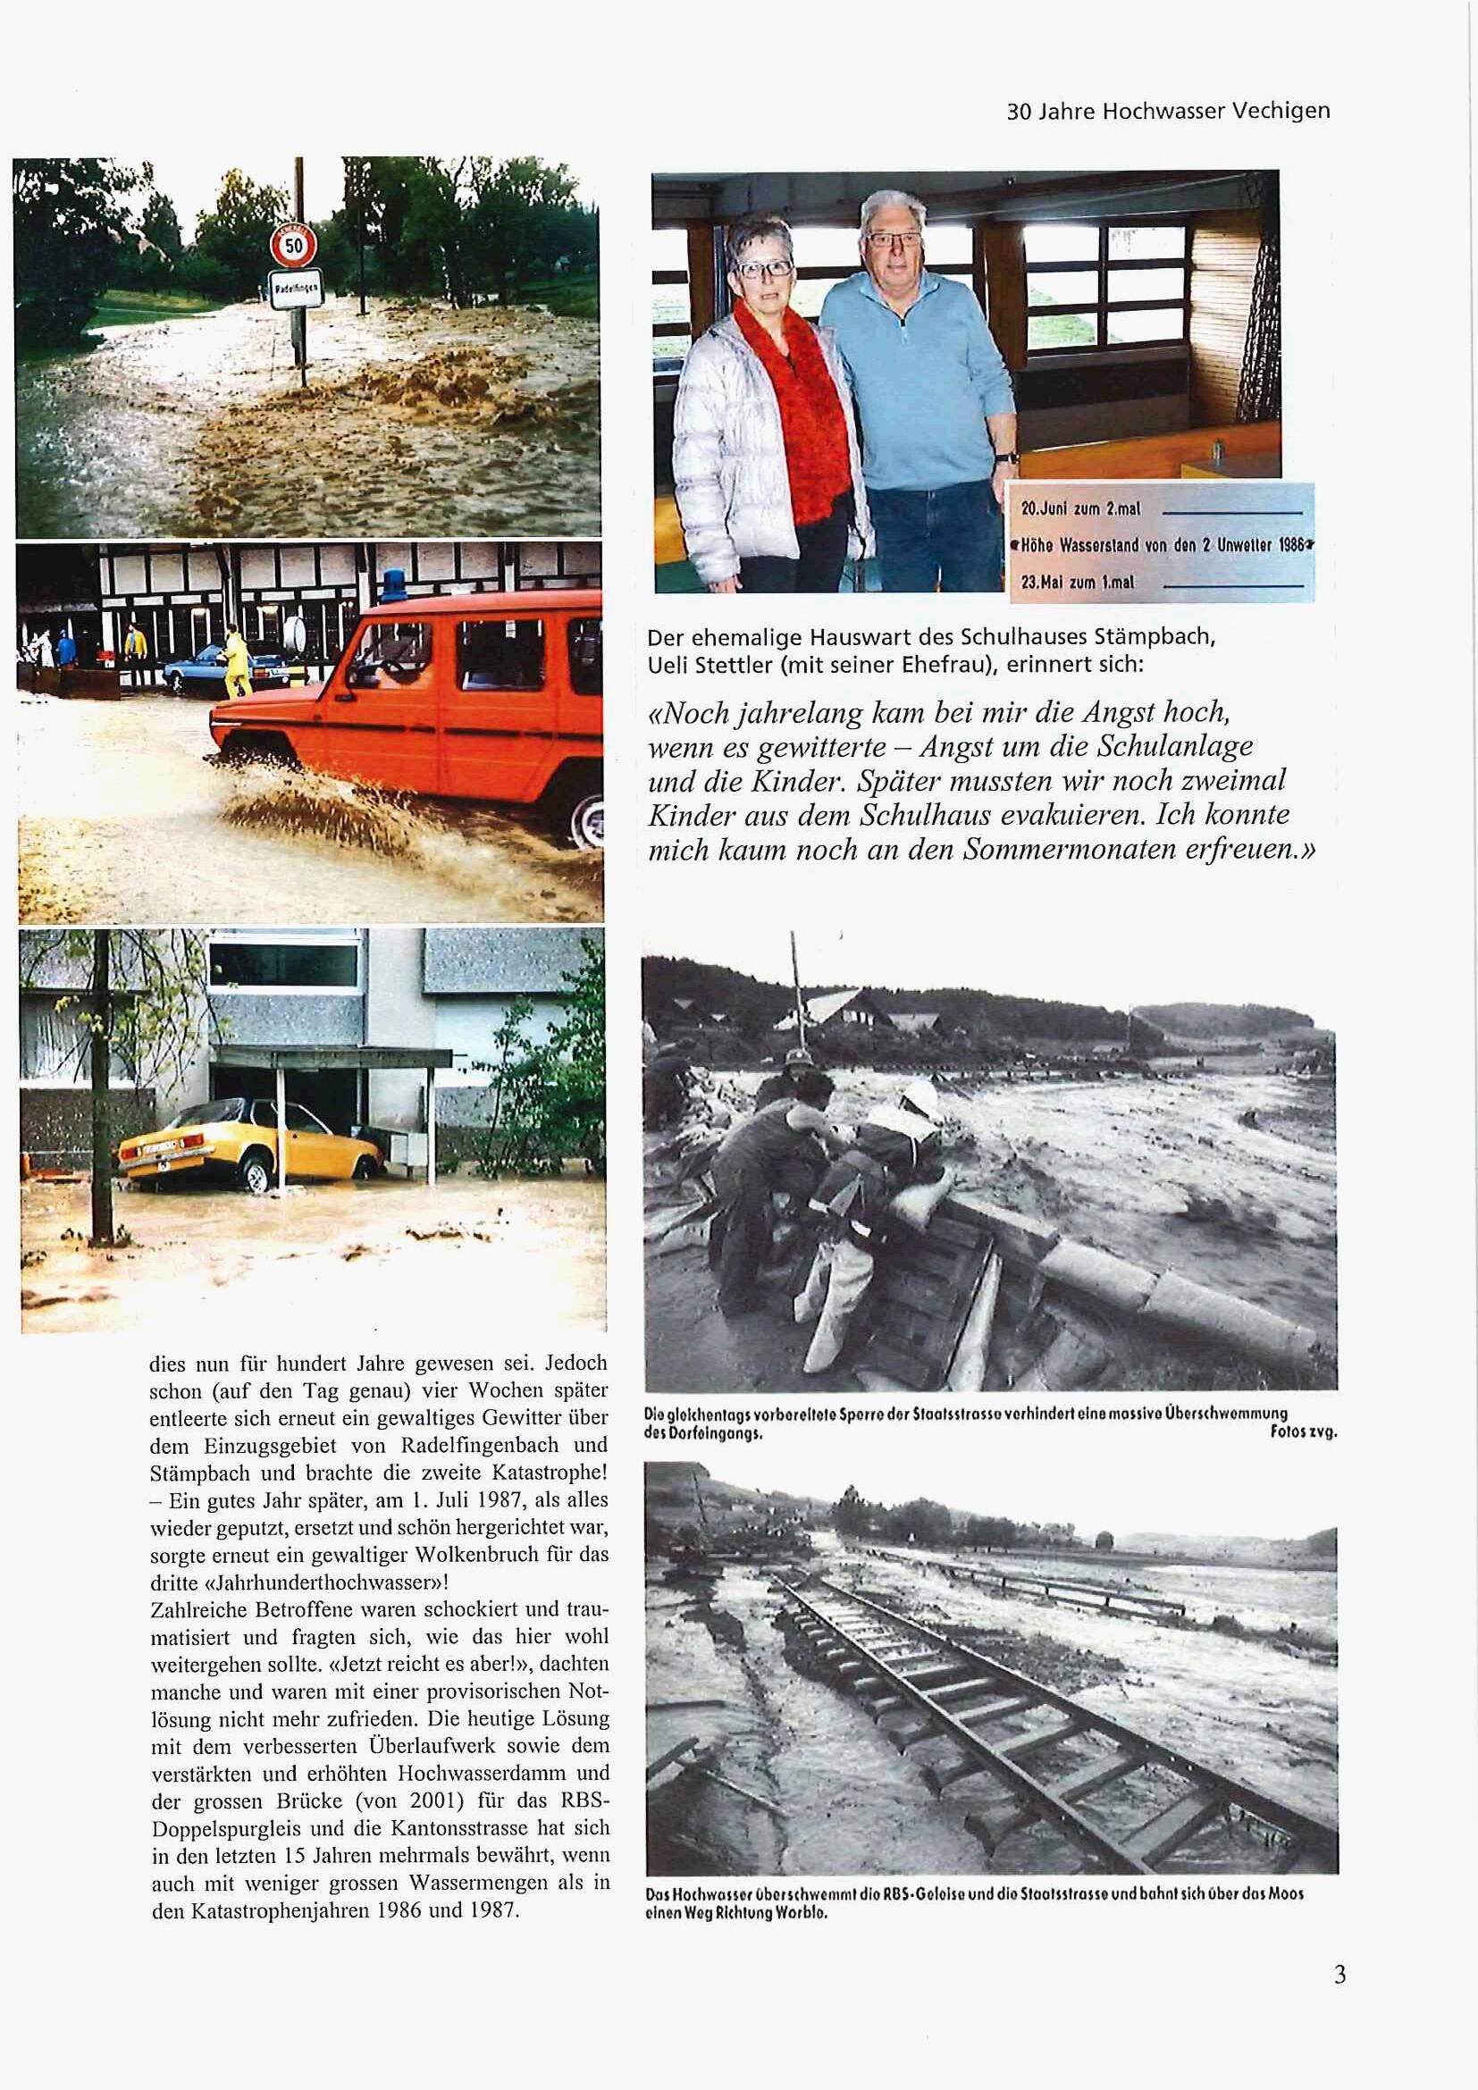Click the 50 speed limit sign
point(293,246)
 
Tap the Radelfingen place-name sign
point(292,290)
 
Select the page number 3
point(1339,1977)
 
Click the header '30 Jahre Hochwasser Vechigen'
point(1168,111)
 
